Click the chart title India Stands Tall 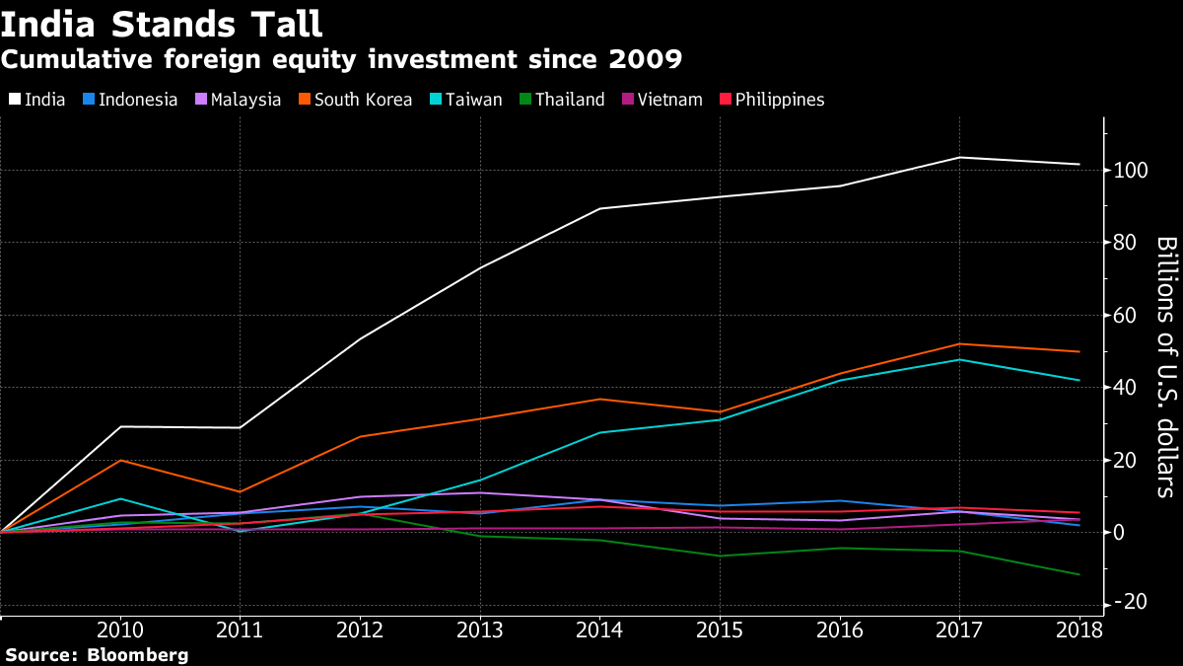[x=162, y=23]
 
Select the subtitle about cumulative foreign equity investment [x=342, y=59]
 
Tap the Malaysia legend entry [x=239, y=100]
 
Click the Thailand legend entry [x=561, y=100]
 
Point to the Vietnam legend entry [x=661, y=100]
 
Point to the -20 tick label [x=1132, y=604]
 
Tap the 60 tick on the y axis [x=1128, y=316]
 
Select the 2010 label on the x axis [x=119, y=630]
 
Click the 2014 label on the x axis [x=599, y=630]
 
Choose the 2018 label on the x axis [x=1079, y=630]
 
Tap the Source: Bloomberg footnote [x=97, y=654]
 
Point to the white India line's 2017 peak [x=959, y=158]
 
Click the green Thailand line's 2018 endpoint [x=1079, y=574]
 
